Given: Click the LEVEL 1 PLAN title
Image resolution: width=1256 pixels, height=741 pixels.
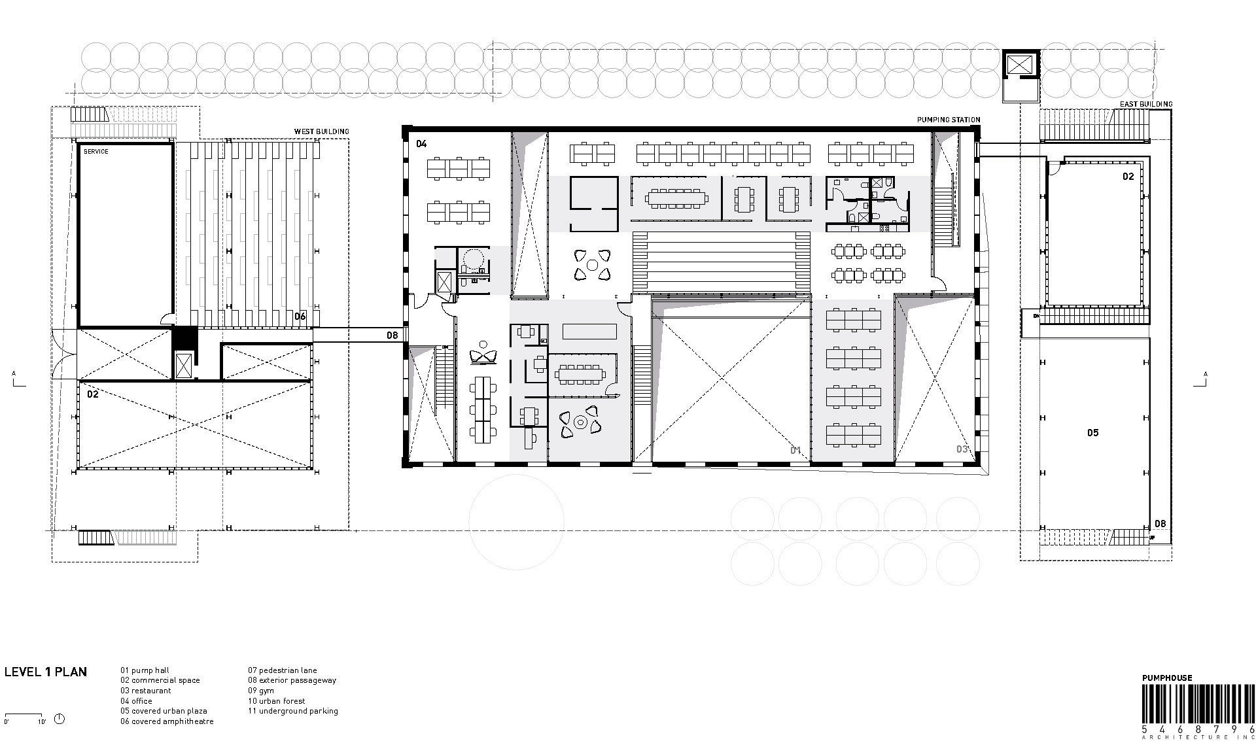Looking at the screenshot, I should click(x=45, y=672).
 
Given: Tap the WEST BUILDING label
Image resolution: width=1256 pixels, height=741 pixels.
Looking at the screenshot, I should click(x=321, y=131).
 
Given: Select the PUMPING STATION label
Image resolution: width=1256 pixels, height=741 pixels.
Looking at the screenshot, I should click(x=948, y=120).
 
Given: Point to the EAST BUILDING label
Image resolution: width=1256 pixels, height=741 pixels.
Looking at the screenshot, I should click(x=1146, y=104).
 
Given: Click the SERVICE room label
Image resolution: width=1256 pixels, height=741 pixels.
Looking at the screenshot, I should click(x=96, y=152).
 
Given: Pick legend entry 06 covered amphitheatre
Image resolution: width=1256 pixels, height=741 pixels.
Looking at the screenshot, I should click(x=167, y=721).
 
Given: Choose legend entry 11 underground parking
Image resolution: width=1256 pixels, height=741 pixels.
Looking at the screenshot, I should click(x=292, y=711).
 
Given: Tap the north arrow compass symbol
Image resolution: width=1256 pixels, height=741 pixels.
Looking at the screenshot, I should click(x=60, y=719).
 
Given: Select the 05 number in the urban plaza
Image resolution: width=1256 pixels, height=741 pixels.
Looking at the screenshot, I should click(x=1092, y=433).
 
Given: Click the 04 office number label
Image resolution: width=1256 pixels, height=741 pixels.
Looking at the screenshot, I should click(x=421, y=143).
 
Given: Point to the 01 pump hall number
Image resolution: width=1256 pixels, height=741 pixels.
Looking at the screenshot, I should click(x=795, y=450).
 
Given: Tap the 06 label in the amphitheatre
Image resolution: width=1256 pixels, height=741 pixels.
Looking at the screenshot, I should click(x=300, y=317).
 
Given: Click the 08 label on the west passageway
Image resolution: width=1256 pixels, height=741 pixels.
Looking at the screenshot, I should click(x=391, y=336).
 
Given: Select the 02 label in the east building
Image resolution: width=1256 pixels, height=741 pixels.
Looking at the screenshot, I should click(x=1128, y=177).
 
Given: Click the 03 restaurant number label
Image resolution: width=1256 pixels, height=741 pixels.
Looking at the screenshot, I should click(x=962, y=449).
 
